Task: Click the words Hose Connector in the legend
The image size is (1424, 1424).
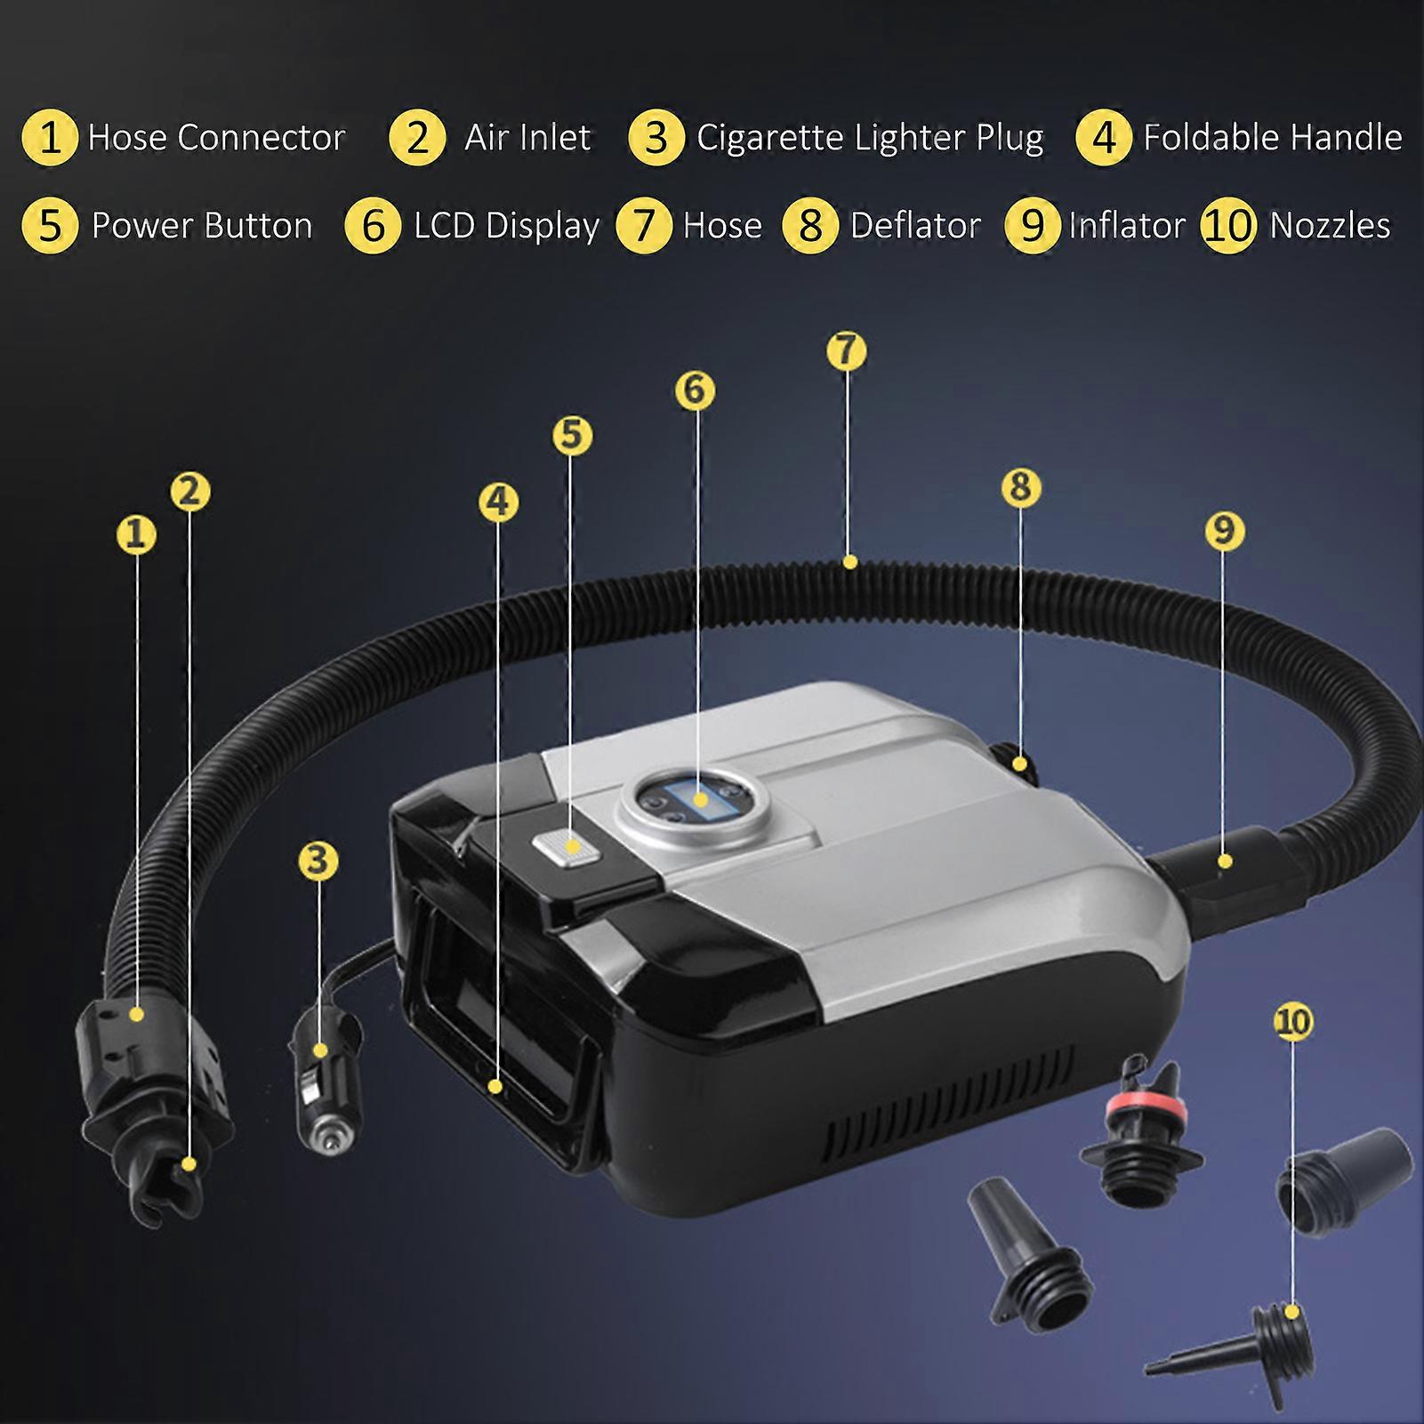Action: [216, 137]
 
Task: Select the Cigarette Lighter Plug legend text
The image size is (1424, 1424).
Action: [870, 138]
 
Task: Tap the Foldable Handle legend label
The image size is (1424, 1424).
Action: [1273, 137]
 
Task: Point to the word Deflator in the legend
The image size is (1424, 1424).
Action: [915, 225]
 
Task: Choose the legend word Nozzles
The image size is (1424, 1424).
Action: [1330, 225]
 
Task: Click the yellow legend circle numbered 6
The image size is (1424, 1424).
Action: [374, 225]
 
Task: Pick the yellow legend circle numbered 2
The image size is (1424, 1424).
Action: [417, 138]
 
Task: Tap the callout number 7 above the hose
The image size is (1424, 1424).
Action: [846, 350]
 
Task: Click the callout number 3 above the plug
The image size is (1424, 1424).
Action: [318, 860]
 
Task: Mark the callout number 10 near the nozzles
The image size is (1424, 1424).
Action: [1293, 1021]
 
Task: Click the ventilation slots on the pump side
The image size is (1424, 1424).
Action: [952, 1104]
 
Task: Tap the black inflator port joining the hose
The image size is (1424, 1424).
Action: [1227, 867]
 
